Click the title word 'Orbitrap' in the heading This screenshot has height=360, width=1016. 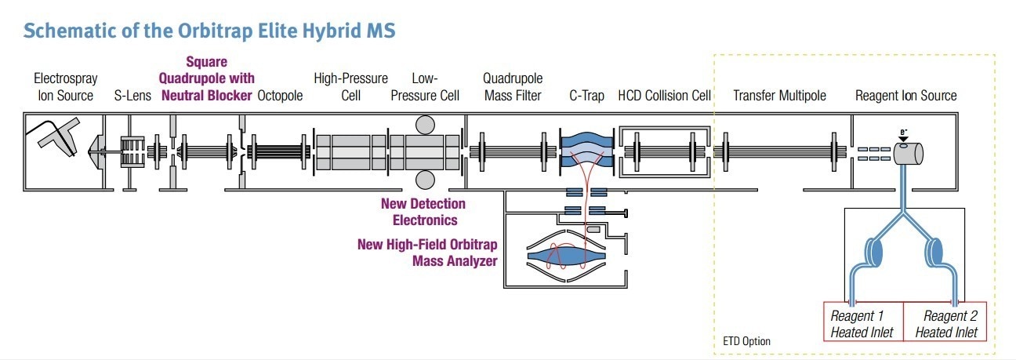point(215,31)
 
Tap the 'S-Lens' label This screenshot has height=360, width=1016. point(132,96)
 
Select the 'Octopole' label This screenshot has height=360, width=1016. point(280,96)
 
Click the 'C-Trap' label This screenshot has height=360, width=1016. point(586,96)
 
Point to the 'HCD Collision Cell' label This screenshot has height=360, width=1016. point(664,96)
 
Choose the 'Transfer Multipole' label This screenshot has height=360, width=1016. point(779,96)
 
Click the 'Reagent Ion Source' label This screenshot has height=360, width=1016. point(905,96)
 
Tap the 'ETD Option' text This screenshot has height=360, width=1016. point(746,341)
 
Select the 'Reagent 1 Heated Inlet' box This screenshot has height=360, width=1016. point(863,322)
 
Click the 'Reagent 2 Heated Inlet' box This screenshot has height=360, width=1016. point(945,322)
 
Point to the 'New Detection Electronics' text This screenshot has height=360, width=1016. point(423,212)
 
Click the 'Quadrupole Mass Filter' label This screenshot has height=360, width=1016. point(513,87)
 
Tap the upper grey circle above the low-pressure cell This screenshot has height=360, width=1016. point(425,125)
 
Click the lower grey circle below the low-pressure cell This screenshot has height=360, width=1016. point(425,180)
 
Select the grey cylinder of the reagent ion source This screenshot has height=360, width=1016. point(909,154)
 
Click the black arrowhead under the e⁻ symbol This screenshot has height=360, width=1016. point(904,139)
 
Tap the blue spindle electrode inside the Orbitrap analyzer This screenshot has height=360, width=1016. point(567,256)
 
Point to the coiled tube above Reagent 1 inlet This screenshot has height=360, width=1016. point(873,252)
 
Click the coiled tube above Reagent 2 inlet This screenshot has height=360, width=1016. point(934,252)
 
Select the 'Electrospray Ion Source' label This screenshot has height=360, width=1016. point(65,87)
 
